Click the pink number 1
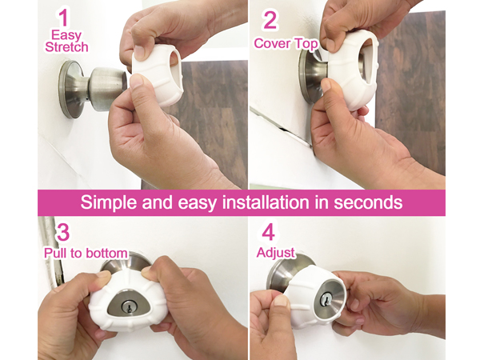point(63,18)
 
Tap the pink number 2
point(270,20)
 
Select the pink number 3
point(63,232)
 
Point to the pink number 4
point(268,232)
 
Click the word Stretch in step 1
point(66,47)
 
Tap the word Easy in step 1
point(66,35)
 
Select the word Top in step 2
point(306,44)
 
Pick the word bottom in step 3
point(107,253)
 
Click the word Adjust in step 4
point(276,253)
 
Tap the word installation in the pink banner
point(266,202)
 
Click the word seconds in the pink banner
point(368,202)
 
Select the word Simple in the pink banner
point(109,202)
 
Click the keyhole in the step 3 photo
point(129,306)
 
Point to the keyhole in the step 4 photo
point(326,299)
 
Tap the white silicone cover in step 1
point(158,75)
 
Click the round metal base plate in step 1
point(70,90)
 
